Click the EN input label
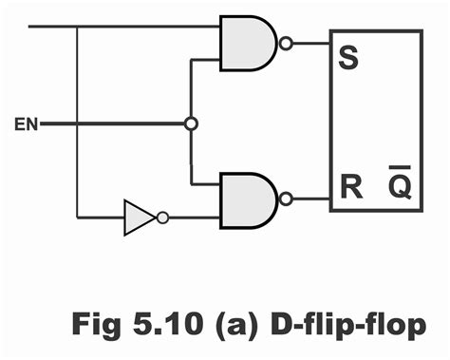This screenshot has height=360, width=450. pyautogui.click(x=27, y=124)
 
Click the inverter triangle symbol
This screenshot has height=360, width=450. pyautogui.click(x=139, y=218)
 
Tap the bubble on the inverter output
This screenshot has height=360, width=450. pyautogui.click(x=162, y=218)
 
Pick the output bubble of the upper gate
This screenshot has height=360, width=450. pyautogui.click(x=285, y=42)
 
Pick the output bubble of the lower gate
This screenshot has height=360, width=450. pyautogui.click(x=285, y=199)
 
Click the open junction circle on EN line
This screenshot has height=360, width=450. pyautogui.click(x=191, y=123)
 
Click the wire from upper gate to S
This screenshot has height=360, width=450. pyautogui.click(x=309, y=42)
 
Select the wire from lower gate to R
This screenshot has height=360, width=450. pyautogui.click(x=309, y=199)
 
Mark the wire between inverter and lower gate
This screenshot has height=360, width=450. pyautogui.click(x=194, y=218)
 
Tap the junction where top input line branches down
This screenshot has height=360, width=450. pyautogui.click(x=77, y=26)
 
